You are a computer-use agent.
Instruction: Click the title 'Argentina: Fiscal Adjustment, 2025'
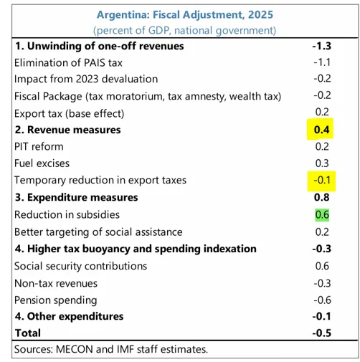pos(179,14)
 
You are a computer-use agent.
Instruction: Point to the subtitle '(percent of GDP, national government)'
pos(179,30)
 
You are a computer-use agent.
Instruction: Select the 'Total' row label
pos(28,333)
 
